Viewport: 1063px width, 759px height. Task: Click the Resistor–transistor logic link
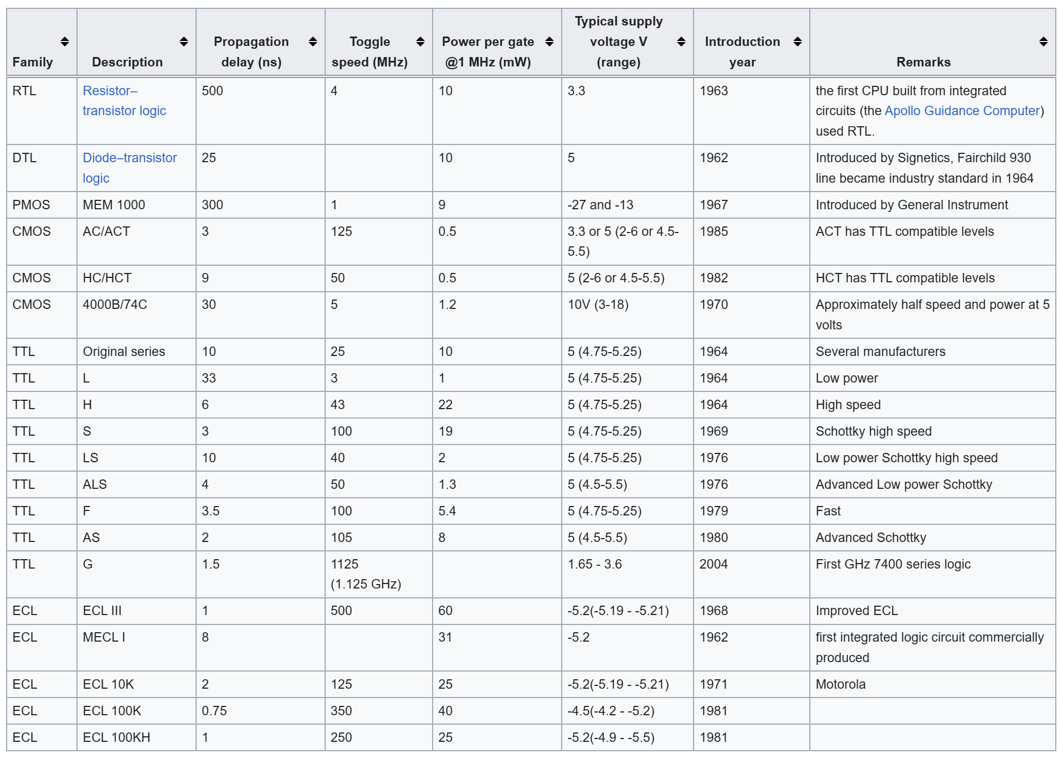[x=124, y=101]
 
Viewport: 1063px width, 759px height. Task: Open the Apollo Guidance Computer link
[x=962, y=111]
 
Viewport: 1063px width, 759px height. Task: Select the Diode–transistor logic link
[x=129, y=168]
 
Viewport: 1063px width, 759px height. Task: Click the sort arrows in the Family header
[x=65, y=42]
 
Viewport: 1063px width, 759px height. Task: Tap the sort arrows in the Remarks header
[x=1043, y=42]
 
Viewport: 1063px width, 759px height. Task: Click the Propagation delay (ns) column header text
[x=251, y=51]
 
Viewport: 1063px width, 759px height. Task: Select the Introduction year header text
[x=742, y=51]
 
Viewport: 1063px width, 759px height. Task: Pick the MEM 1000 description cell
[x=114, y=205]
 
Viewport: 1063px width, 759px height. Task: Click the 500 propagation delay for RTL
[x=212, y=91]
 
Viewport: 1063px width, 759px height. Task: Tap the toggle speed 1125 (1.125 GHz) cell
[x=366, y=574]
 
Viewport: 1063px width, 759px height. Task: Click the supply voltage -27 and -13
[x=600, y=205]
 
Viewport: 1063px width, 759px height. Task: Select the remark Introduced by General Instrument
[x=911, y=205]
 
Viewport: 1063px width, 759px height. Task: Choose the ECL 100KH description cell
[x=116, y=737]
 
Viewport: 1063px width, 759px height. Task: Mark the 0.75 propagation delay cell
[x=214, y=711]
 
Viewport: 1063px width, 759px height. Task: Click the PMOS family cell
[x=31, y=205]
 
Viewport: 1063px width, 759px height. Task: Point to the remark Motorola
[x=840, y=684]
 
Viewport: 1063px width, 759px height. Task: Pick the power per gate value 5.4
[x=447, y=511]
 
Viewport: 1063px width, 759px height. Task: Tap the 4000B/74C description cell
[x=115, y=304]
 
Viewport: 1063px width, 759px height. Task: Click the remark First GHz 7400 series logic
[x=893, y=564]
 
